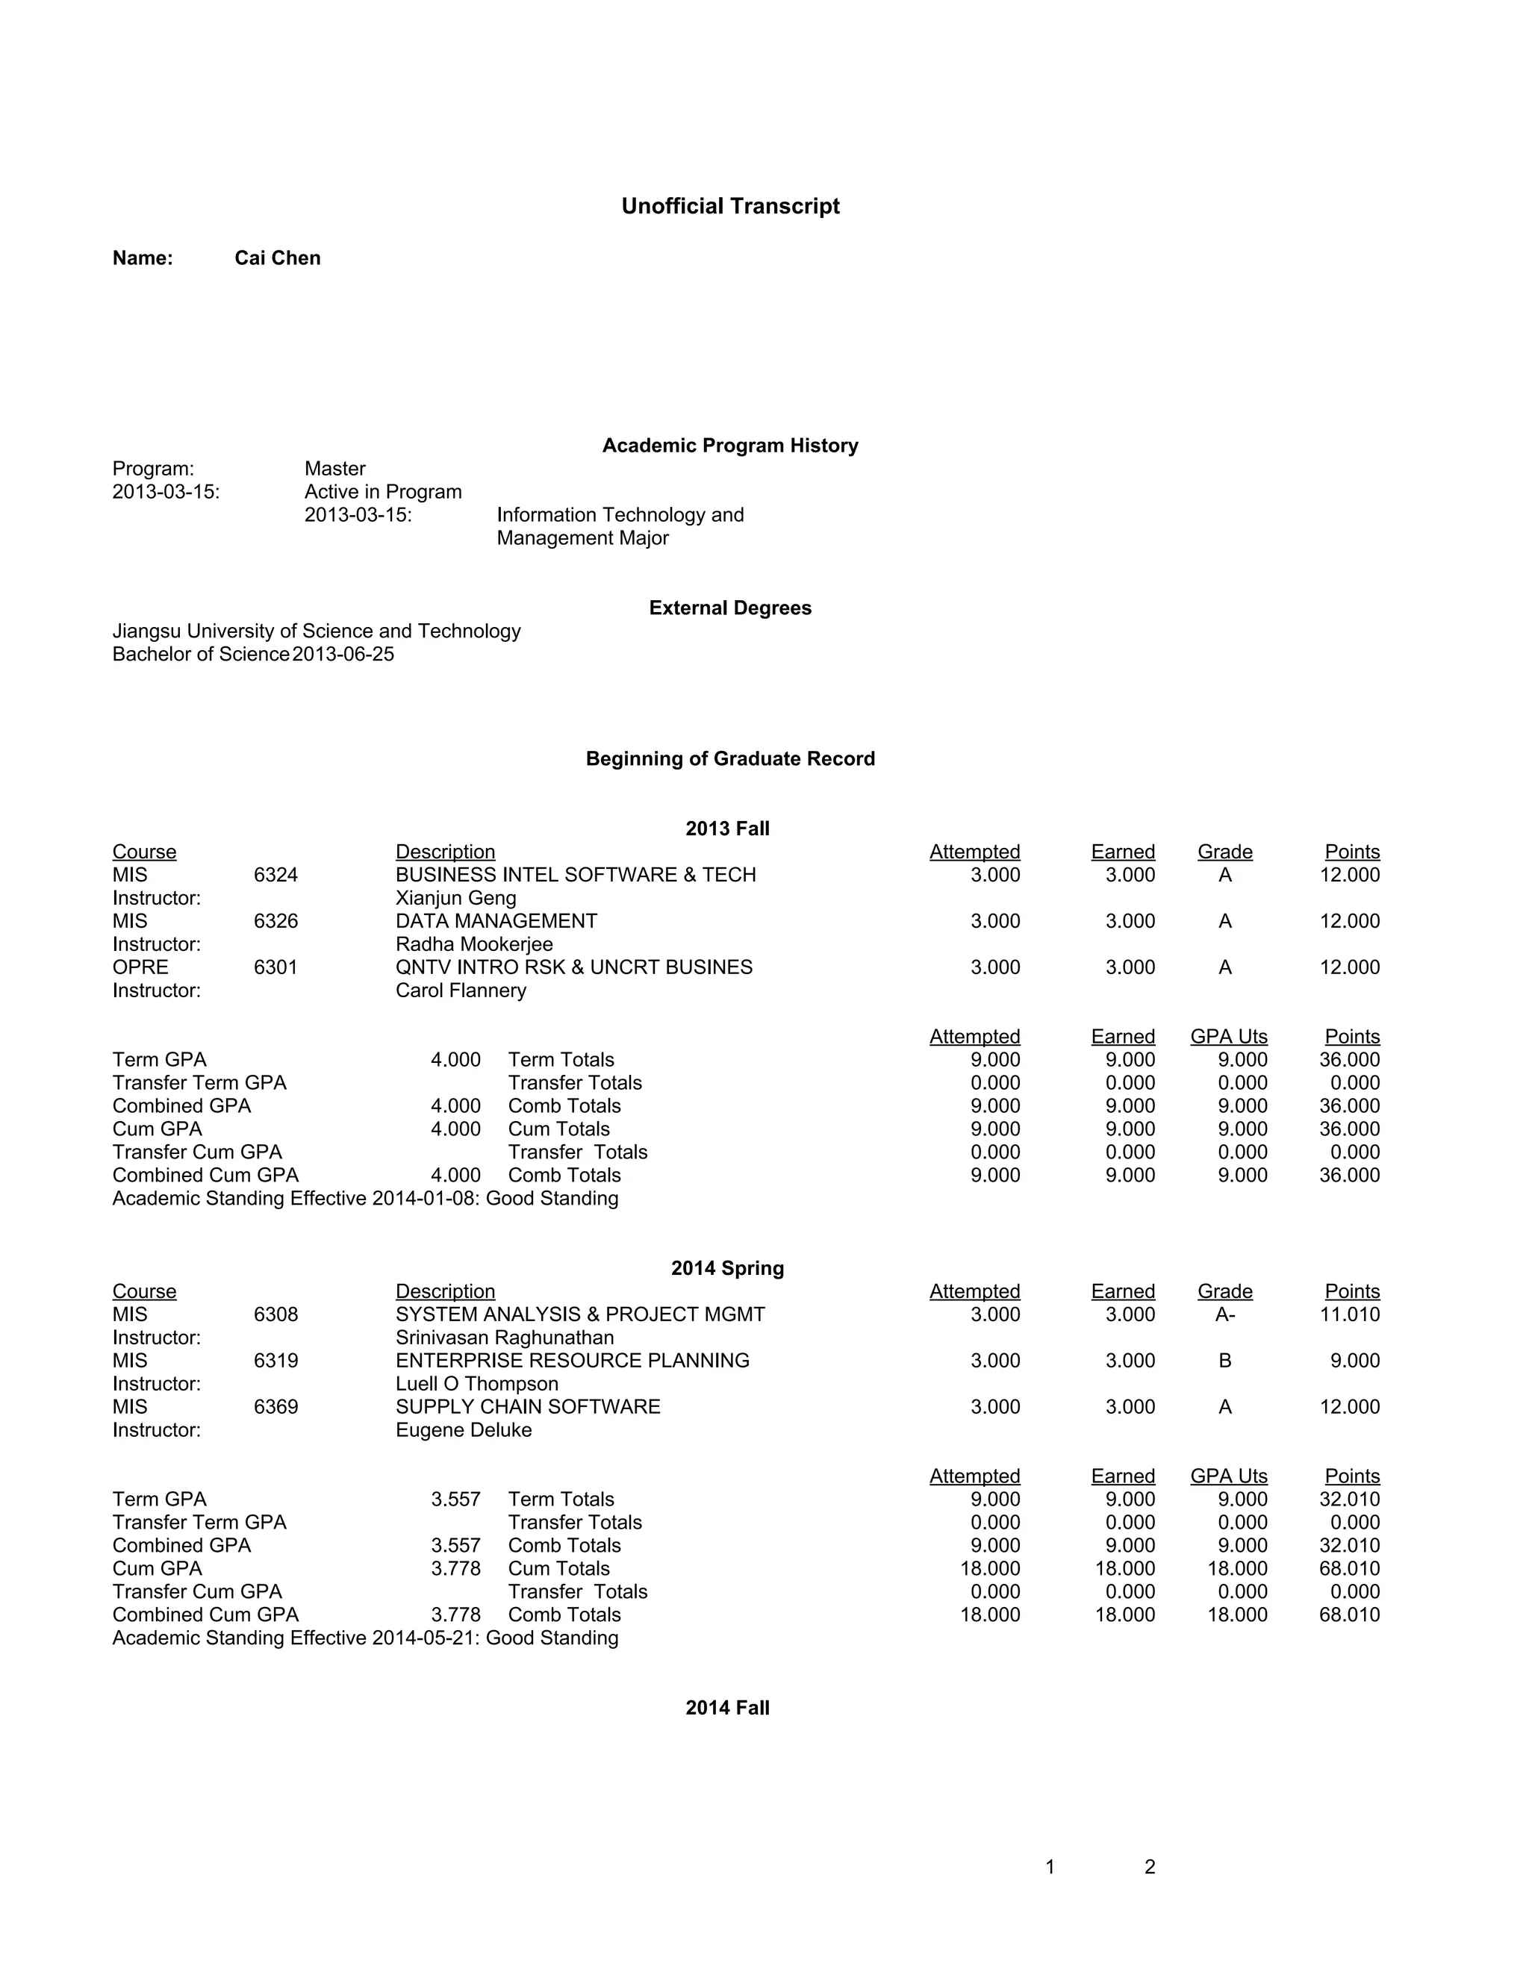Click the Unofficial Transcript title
(x=730, y=207)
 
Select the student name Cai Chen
(x=277, y=258)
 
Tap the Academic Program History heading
(x=730, y=446)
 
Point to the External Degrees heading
(x=730, y=608)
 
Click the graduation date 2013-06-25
(x=343, y=654)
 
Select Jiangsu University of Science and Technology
(x=316, y=631)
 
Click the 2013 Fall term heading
(x=727, y=829)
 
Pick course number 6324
(x=275, y=875)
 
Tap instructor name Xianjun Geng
(x=455, y=899)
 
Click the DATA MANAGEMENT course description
(x=496, y=921)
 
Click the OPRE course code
(x=140, y=967)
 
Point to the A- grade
(x=1224, y=1315)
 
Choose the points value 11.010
(x=1350, y=1315)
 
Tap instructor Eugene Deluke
(x=464, y=1430)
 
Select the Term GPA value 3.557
(x=455, y=1500)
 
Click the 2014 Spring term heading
(x=727, y=1269)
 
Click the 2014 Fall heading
(x=727, y=1708)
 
